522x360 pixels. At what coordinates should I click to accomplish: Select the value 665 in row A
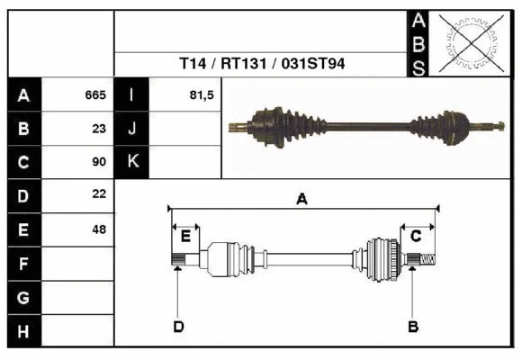tap(95, 94)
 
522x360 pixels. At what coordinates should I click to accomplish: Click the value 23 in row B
tap(99, 128)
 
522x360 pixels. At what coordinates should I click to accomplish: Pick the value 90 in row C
tap(99, 162)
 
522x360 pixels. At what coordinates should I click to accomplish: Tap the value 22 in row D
tap(99, 194)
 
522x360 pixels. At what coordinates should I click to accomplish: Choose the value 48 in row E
tap(99, 229)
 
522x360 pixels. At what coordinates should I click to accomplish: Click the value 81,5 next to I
tap(202, 94)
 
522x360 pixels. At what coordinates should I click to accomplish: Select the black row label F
tap(23, 264)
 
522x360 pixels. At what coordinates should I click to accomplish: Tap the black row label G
tap(23, 297)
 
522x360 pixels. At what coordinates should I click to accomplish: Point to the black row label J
tap(131, 128)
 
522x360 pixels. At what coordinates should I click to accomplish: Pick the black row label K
tap(131, 162)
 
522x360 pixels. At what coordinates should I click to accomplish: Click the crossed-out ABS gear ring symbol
tap(468, 42)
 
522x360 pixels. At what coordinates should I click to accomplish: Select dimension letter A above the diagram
tap(302, 200)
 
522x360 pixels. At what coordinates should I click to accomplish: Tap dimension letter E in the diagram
tap(185, 236)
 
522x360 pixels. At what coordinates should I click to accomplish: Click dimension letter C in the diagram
tap(416, 236)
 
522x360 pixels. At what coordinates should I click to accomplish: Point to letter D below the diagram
tap(178, 326)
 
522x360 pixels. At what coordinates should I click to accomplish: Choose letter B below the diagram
tap(413, 326)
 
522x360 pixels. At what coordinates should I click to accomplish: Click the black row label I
tap(131, 94)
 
